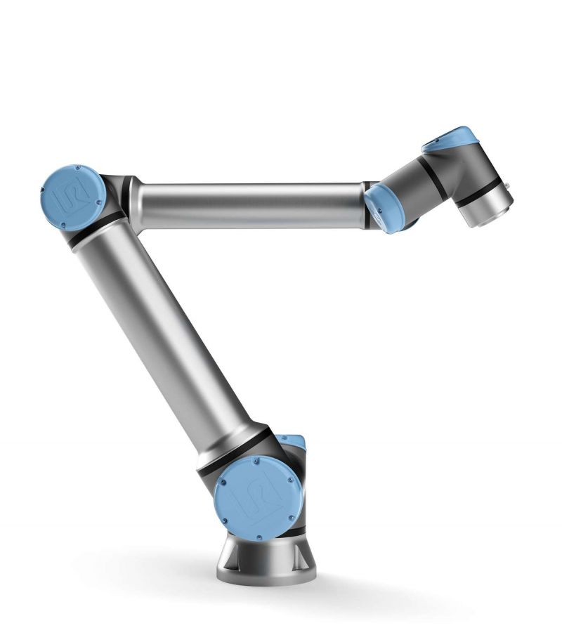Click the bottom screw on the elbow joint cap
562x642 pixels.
(63, 224)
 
